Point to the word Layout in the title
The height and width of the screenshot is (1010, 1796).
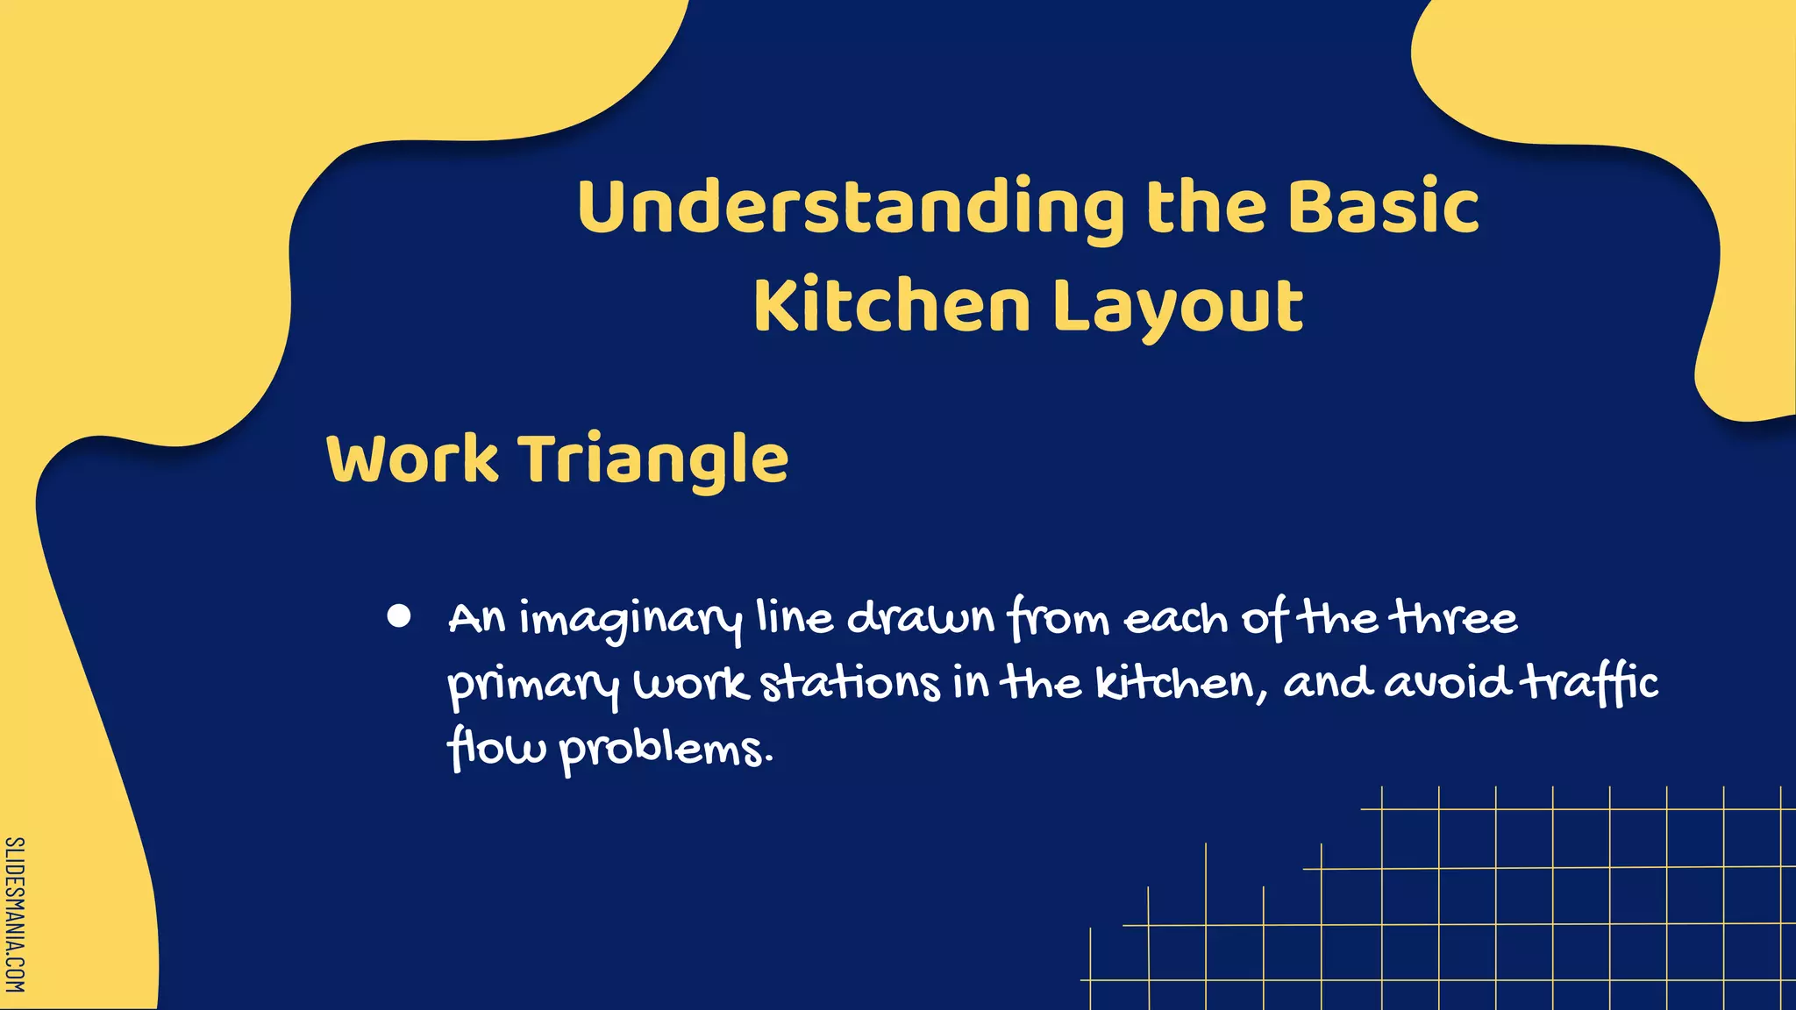(1178, 307)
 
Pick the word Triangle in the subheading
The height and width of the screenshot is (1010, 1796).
(654, 460)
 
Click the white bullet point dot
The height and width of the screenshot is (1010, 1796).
(399, 616)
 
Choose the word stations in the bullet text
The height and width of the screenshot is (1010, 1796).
(850, 683)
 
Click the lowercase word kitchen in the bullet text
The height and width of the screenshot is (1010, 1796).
(1180, 683)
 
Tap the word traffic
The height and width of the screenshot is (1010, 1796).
(1588, 683)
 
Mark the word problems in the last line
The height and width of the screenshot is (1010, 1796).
(666, 750)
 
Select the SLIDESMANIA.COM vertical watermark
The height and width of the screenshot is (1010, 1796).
(15, 914)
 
